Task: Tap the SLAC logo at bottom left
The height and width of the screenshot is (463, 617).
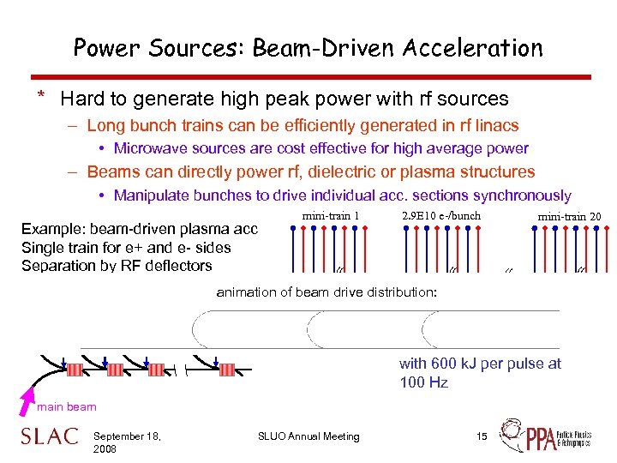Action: [x=49, y=436]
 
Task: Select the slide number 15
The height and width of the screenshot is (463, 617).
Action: [x=482, y=436]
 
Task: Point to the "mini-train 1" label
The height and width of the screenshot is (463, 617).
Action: [x=331, y=216]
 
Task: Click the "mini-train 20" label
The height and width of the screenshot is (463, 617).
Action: [x=569, y=216]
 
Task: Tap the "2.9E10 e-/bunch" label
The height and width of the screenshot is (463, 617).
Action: [x=440, y=215]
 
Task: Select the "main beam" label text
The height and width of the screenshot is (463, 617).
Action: [x=67, y=406]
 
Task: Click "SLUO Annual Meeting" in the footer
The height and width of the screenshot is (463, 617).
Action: [x=308, y=436]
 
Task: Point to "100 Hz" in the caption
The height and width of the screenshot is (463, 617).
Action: [x=423, y=382]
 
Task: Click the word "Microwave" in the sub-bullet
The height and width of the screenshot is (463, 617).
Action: [x=148, y=148]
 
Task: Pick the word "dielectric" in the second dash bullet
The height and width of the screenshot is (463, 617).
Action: [x=349, y=171]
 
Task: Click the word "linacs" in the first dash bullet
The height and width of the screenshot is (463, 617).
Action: [x=496, y=125]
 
